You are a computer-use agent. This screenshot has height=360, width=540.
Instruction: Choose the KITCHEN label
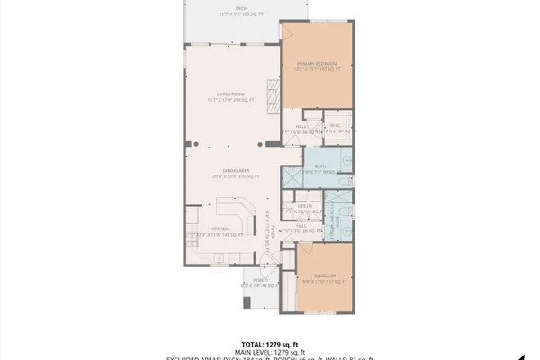219,229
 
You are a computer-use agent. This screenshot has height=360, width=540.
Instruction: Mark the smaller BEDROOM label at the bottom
325,274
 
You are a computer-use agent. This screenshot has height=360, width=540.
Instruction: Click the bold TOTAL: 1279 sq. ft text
269,344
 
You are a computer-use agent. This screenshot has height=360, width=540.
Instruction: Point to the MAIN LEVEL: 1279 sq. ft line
269,352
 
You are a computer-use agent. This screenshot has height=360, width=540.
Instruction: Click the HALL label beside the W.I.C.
290,127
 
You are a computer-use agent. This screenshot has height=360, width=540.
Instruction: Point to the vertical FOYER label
271,225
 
